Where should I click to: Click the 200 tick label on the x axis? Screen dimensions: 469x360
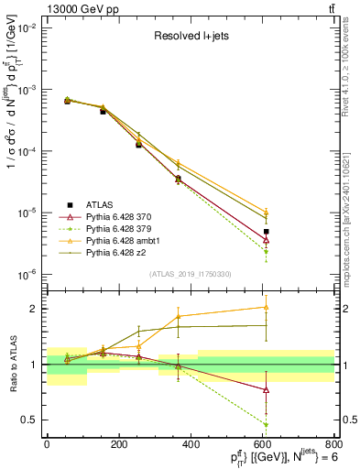coord(118,445)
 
